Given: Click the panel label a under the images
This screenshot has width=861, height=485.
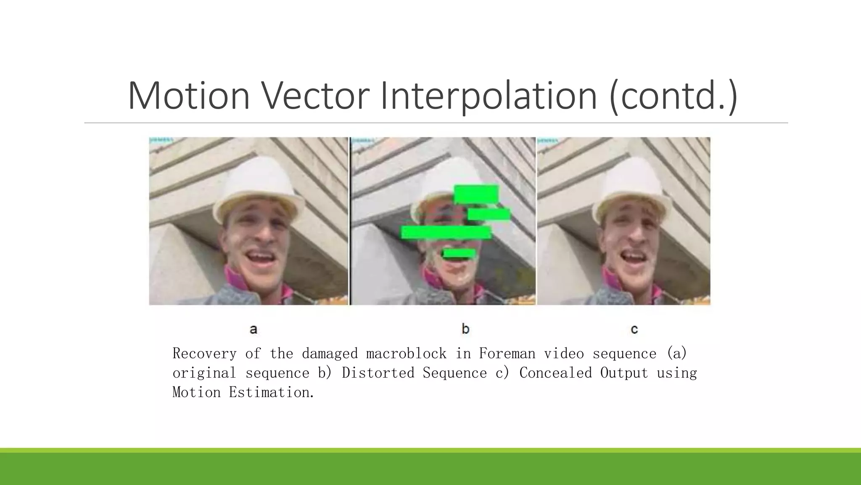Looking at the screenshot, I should point(253,329).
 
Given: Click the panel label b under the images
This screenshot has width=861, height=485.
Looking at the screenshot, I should point(465,329).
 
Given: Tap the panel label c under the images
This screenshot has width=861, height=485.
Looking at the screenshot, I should point(634,329).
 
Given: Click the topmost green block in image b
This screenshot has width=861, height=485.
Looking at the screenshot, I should point(476,195).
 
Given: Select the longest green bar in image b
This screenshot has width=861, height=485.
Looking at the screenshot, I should point(446,232).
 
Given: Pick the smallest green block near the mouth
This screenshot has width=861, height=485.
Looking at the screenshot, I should point(459,253).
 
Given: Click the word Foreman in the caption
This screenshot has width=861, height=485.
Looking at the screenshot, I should point(507,354).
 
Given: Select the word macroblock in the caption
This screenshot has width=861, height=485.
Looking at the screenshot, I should point(406,354).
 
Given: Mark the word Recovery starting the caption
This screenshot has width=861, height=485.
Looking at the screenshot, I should point(204,354).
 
